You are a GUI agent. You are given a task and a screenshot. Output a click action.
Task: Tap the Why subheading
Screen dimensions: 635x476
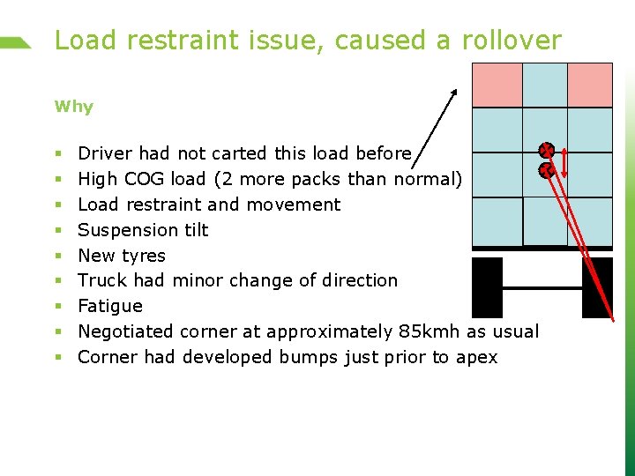tap(73, 107)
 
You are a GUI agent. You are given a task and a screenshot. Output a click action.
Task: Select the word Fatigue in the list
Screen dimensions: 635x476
tap(109, 306)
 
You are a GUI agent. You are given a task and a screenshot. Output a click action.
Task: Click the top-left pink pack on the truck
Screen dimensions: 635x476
tap(497, 85)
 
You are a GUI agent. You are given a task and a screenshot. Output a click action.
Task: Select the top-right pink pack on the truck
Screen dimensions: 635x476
tap(589, 85)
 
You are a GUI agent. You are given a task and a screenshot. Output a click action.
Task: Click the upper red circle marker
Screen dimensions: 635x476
tap(547, 151)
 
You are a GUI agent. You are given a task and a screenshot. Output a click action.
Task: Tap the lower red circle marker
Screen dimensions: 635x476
tap(547, 170)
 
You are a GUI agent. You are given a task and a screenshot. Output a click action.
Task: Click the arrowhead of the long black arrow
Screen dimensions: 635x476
tap(455, 92)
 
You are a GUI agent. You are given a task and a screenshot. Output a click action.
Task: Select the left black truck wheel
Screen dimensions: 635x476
tap(487, 287)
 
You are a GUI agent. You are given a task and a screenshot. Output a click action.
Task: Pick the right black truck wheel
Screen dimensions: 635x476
tap(597, 287)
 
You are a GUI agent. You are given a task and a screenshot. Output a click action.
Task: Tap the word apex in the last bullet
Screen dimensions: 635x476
tap(477, 357)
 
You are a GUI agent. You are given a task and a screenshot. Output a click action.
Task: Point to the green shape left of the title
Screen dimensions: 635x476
tap(16, 42)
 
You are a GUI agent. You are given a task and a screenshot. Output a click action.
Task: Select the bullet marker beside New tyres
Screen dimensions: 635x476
tap(57, 256)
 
